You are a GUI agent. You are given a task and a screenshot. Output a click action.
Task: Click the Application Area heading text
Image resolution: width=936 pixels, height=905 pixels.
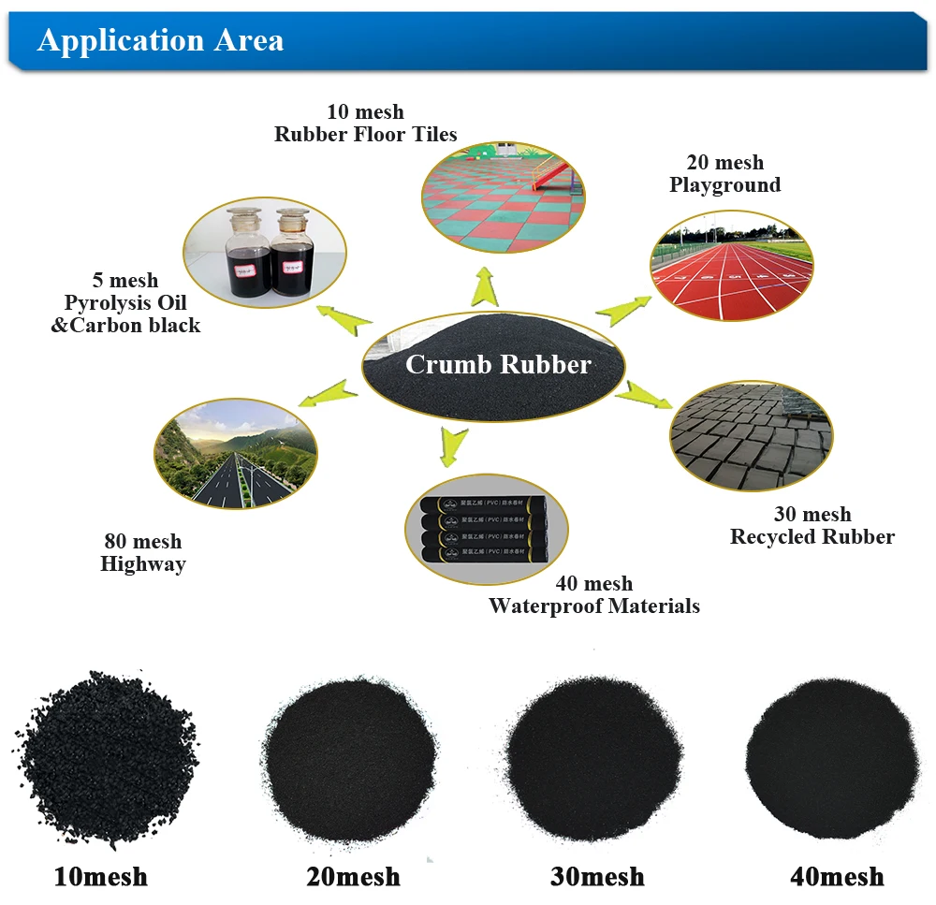click(x=160, y=41)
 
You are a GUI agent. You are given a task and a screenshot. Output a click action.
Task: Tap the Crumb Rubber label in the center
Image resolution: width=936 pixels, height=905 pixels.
click(x=498, y=363)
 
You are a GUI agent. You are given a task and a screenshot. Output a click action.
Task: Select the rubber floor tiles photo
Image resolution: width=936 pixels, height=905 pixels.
click(x=503, y=196)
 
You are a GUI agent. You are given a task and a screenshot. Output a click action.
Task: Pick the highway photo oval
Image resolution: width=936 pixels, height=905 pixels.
click(x=235, y=454)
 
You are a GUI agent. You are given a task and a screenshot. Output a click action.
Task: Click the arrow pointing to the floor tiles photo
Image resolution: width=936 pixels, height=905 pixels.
click(x=485, y=286)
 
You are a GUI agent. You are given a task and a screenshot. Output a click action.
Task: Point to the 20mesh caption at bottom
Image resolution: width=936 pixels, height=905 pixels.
click(x=353, y=877)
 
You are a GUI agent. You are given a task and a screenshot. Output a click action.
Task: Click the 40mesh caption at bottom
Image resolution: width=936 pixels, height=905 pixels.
click(x=837, y=876)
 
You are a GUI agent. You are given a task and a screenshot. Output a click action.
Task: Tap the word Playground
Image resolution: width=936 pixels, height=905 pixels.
click(x=724, y=184)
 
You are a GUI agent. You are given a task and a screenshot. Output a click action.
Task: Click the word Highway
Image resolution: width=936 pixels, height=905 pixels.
click(x=143, y=563)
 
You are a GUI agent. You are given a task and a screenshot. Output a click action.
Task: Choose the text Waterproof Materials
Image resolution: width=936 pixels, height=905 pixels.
click(x=593, y=606)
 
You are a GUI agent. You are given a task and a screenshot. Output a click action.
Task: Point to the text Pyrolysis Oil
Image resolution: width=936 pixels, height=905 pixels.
click(x=125, y=302)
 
